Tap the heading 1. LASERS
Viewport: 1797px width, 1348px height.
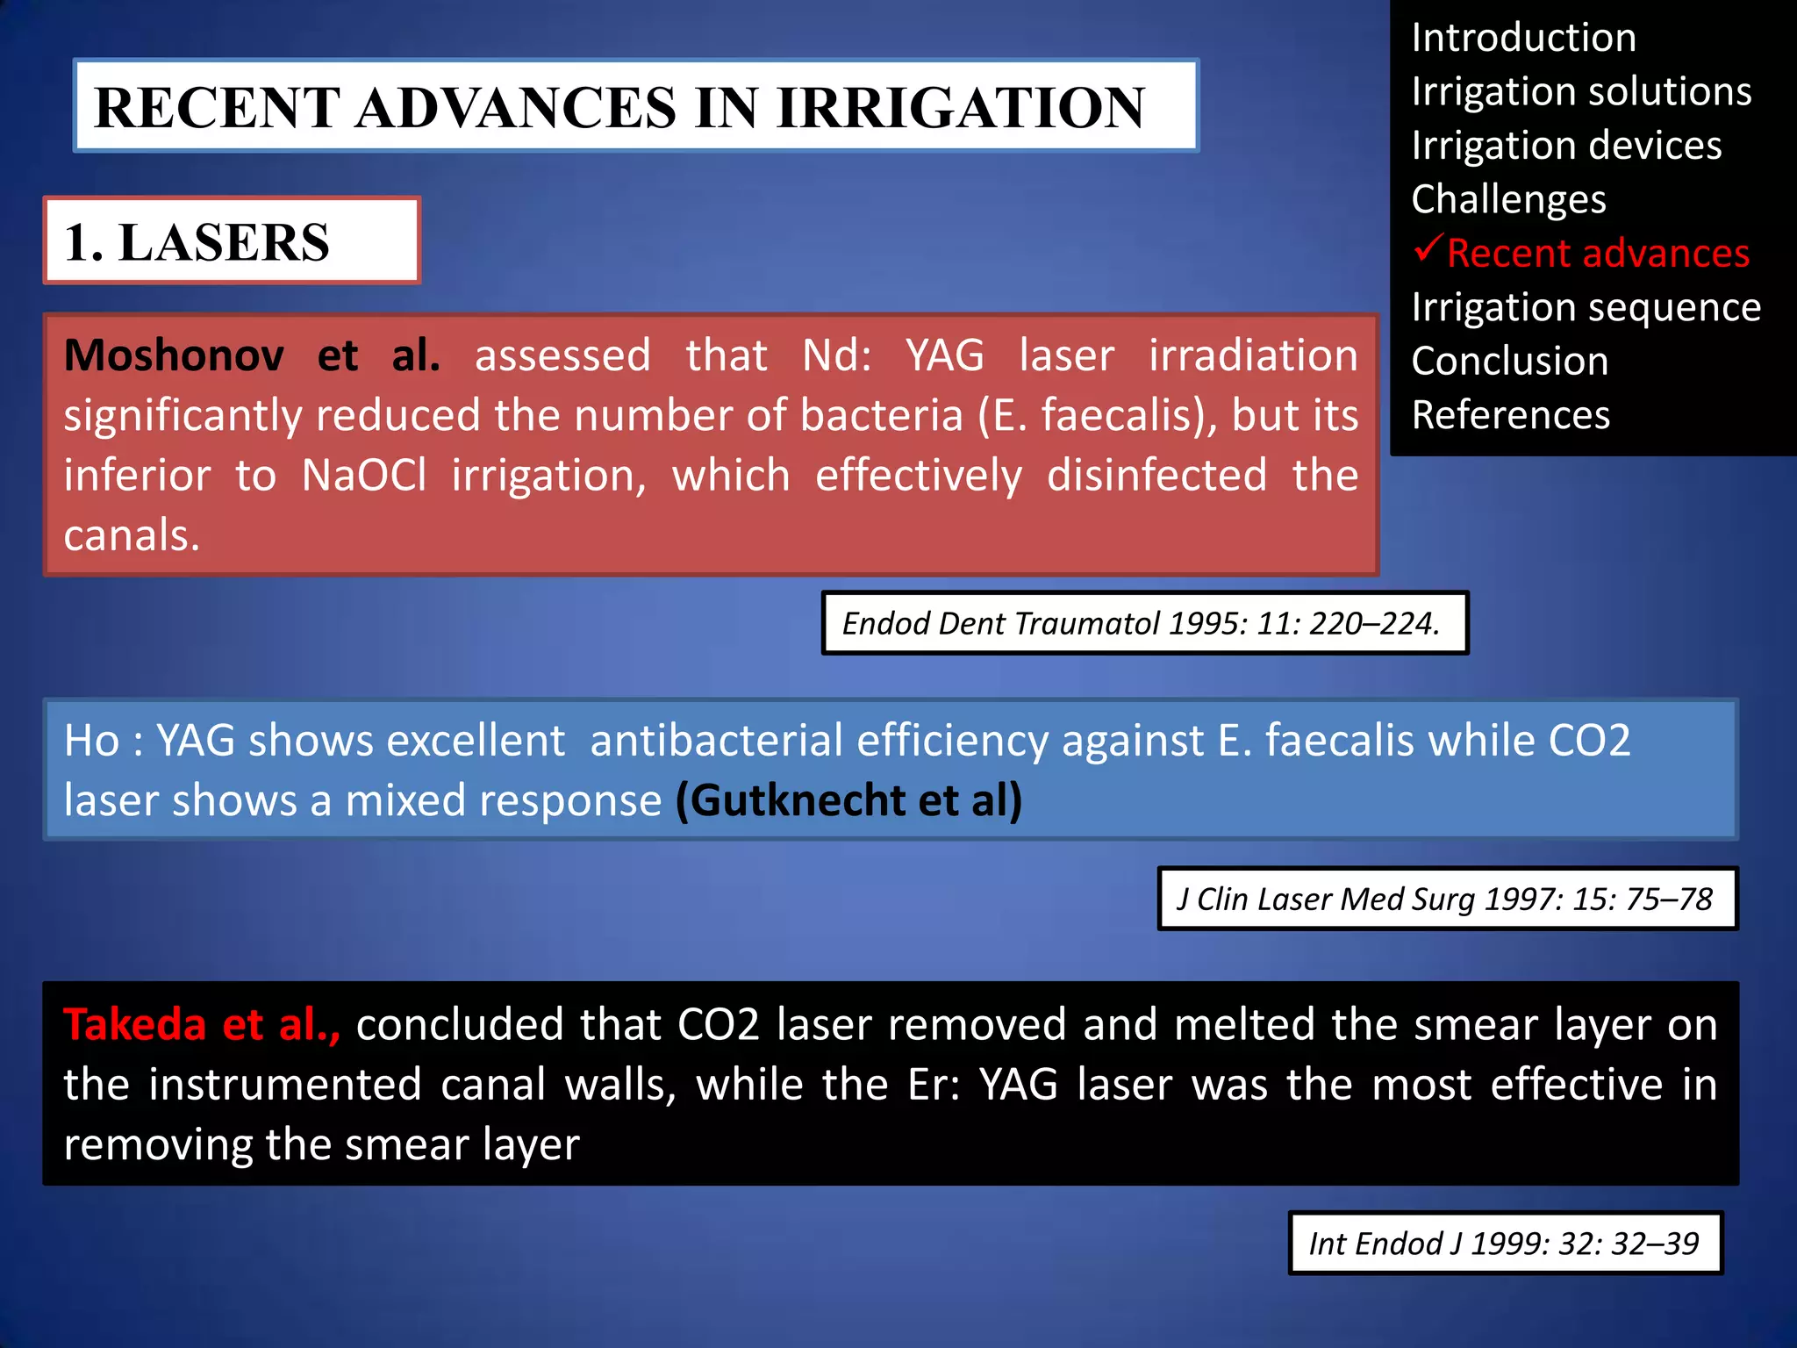click(x=197, y=242)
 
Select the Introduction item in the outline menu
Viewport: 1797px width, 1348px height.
click(x=1523, y=38)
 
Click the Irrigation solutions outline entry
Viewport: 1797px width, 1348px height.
click(x=1581, y=91)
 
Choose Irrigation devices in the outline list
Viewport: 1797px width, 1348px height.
click(x=1566, y=146)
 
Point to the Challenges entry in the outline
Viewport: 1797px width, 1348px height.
click(x=1508, y=199)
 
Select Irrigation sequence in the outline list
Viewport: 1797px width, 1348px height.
click(x=1586, y=307)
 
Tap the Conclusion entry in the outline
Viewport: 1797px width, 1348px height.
click(x=1509, y=362)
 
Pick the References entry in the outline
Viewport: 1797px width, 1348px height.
click(x=1510, y=415)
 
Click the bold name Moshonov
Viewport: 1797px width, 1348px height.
click(x=174, y=355)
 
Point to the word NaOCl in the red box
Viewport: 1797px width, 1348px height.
click(x=363, y=476)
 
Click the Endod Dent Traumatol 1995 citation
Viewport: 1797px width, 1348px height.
click(x=1142, y=624)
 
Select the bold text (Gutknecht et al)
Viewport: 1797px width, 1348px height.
click(x=848, y=800)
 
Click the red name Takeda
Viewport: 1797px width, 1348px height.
click(x=134, y=1025)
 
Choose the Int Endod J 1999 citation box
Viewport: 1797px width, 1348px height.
click(x=1504, y=1244)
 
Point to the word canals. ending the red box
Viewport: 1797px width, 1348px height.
click(x=132, y=535)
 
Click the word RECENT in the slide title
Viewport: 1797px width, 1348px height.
click(x=217, y=108)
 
